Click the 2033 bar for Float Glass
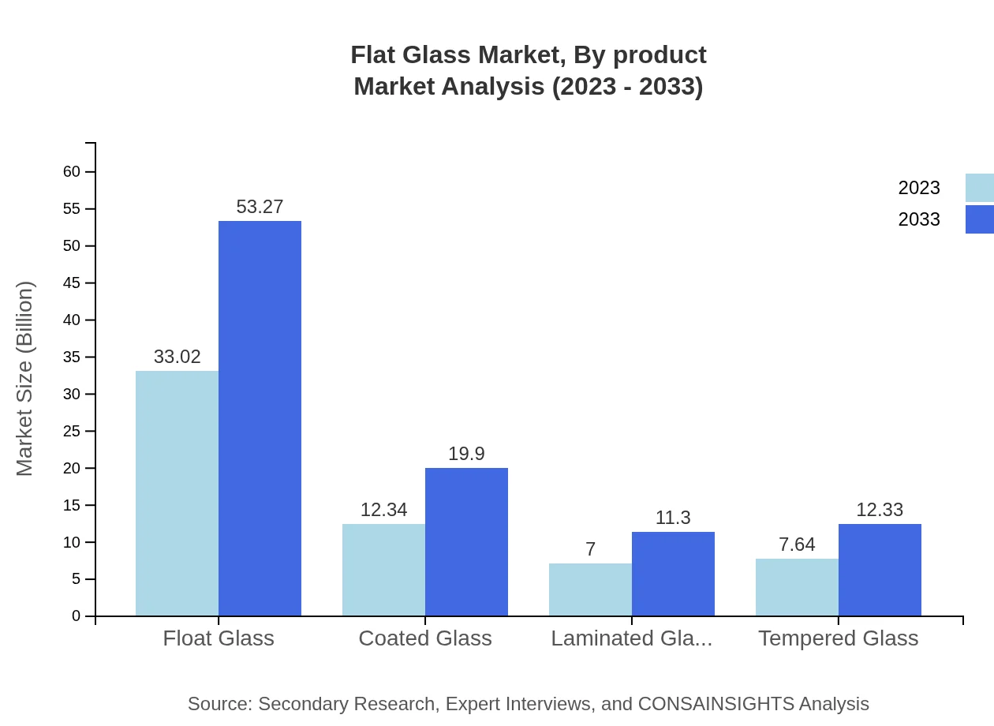260,418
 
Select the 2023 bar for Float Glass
177,493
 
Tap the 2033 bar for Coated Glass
466,541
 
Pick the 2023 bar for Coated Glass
383,570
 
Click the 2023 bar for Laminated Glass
590,589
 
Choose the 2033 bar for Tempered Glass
880,570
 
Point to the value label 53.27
260,207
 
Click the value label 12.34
383,510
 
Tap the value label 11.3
673,518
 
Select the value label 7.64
797,544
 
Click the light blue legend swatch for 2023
979,188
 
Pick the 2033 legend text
919,219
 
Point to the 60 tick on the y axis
72,172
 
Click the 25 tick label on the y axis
72,431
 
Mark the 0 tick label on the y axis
77,616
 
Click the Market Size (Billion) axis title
24,379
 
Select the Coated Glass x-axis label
425,638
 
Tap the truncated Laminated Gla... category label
631,638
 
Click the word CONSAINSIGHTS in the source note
715,703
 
